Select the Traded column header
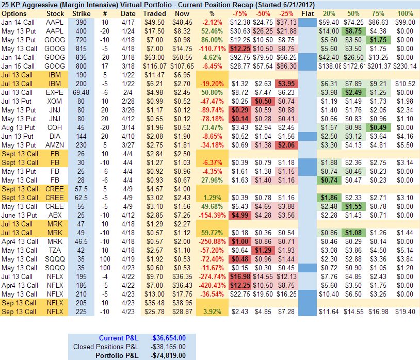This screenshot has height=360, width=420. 154,13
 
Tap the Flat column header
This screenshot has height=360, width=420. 307,13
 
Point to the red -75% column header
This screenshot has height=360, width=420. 239,13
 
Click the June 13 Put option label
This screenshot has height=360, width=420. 20,215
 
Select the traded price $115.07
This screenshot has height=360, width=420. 154,67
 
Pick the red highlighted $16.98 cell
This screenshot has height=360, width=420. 239,276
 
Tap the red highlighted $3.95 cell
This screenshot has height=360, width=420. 284,84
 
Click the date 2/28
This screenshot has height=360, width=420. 128,101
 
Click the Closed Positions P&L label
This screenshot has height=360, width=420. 106,346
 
